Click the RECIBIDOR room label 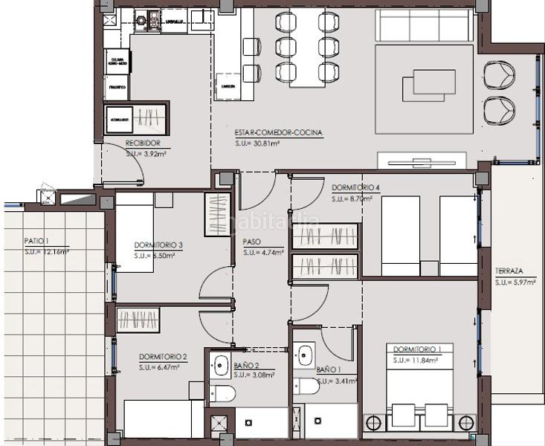[x=143, y=143]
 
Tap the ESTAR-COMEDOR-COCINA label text [x=278, y=132]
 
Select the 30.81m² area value [x=257, y=143]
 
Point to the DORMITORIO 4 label [x=356, y=188]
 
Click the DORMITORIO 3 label [x=159, y=245]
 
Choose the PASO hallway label [x=251, y=242]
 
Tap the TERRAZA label [x=509, y=271]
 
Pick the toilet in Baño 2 [x=222, y=392]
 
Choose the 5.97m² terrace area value [x=514, y=282]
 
